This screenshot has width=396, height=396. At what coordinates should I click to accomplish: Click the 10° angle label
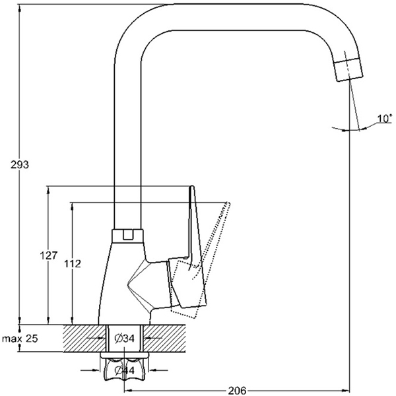click(x=383, y=119)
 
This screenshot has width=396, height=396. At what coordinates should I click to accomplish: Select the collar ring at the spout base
click(x=128, y=234)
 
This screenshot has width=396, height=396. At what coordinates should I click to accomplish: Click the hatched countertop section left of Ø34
click(x=84, y=339)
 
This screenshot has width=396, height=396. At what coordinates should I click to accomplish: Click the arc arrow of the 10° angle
click(x=346, y=130)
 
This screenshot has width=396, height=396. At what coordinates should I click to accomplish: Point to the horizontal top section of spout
click(x=231, y=20)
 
